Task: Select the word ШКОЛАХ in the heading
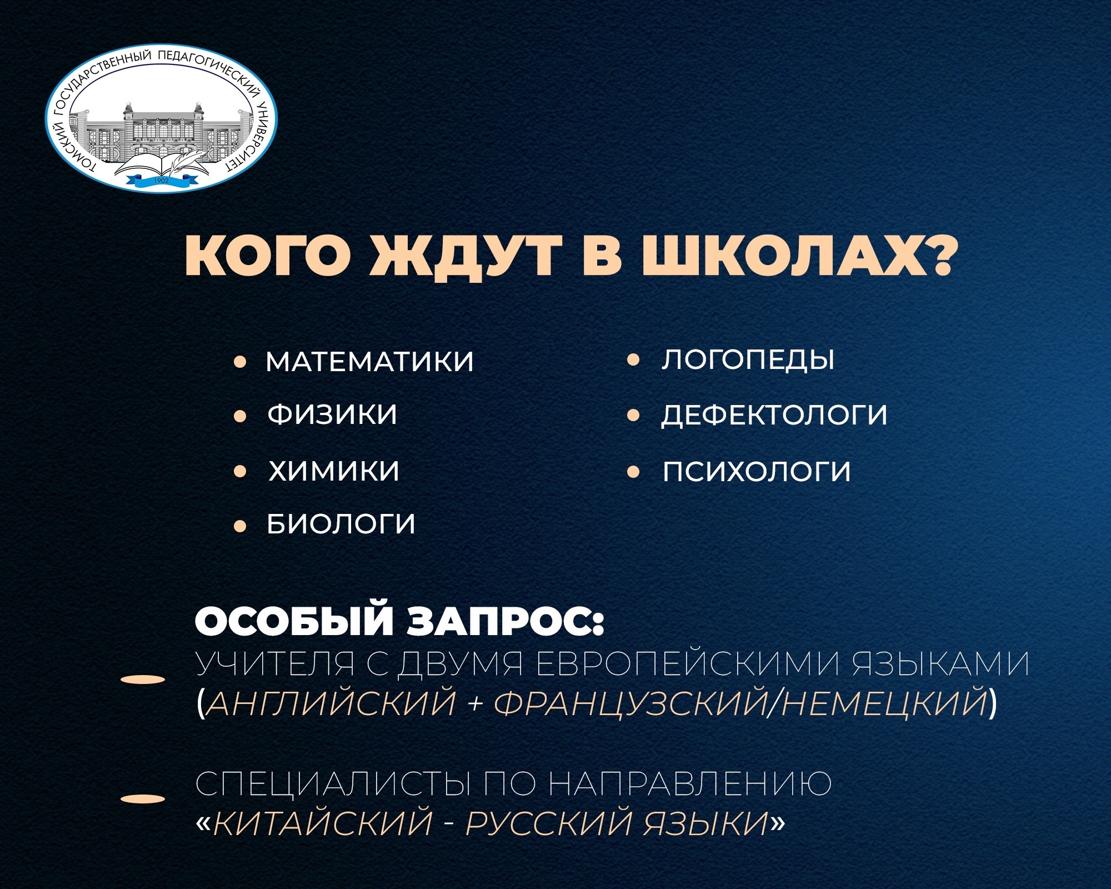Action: point(798,257)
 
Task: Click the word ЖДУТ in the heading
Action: point(465,258)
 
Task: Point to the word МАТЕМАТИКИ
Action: point(370,362)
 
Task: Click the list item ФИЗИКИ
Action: point(333,414)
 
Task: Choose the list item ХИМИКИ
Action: point(334,471)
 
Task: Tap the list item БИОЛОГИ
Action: point(341,524)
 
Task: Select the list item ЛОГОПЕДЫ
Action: point(748,360)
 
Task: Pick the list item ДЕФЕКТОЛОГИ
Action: point(774,416)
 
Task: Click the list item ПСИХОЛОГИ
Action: point(757,472)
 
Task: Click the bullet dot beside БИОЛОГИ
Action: point(240,526)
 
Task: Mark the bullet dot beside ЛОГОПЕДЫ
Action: point(633,361)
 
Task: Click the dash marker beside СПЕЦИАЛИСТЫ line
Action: point(143,800)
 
